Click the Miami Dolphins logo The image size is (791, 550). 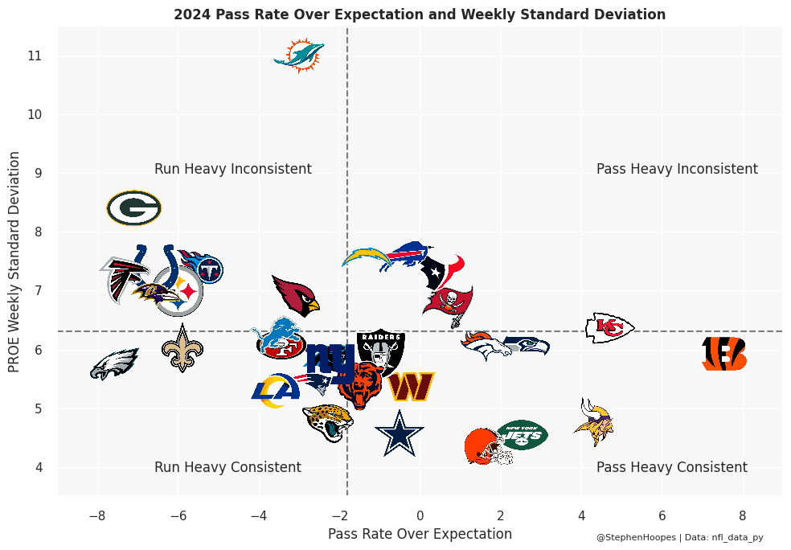coord(299,55)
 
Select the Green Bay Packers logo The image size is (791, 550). coord(134,208)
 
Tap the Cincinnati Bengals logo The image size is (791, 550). coord(724,354)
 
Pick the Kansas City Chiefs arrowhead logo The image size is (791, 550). coord(609,327)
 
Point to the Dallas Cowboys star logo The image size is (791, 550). coord(399,433)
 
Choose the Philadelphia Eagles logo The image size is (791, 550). coord(113,364)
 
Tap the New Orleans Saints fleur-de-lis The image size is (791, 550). coord(182,348)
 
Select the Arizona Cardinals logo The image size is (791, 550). coord(295,295)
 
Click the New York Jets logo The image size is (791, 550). coord(523,435)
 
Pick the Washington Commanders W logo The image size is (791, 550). coord(411,387)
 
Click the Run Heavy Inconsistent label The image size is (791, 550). coord(233,169)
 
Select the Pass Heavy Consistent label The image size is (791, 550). coord(672,467)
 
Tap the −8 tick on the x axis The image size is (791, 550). coord(98,515)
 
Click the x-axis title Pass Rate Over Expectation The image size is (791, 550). coord(420,534)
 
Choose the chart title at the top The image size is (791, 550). coord(420,14)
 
